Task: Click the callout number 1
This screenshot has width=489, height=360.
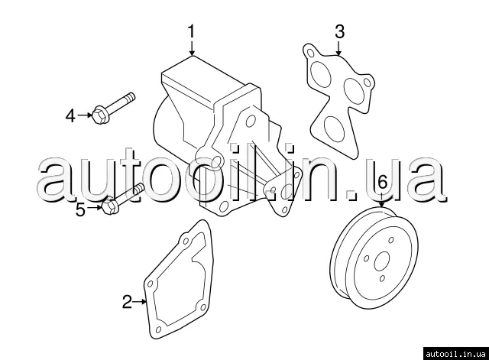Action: (x=191, y=32)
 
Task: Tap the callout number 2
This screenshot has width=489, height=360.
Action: (x=128, y=302)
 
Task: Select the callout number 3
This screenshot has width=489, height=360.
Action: (x=339, y=31)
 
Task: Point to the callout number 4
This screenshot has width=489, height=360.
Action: (x=70, y=115)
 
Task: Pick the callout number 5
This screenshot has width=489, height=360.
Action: (x=80, y=209)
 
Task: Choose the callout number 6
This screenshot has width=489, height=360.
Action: (x=382, y=182)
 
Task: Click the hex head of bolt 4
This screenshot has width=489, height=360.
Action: (x=100, y=115)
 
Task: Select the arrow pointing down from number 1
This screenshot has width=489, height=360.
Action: (x=192, y=47)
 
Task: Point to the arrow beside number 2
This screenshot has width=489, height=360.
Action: (x=140, y=302)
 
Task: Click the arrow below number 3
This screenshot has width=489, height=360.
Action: (x=338, y=47)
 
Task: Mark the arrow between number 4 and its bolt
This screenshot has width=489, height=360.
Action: (x=85, y=115)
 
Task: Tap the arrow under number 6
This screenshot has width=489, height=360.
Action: (x=381, y=199)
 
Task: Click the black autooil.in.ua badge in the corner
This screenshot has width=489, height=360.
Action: (x=455, y=353)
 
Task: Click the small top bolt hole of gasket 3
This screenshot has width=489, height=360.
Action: (x=310, y=53)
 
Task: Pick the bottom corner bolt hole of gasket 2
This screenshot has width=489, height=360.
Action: (x=158, y=329)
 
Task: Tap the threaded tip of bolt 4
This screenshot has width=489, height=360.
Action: (x=131, y=96)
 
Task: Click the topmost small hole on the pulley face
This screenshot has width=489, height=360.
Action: (x=391, y=240)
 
